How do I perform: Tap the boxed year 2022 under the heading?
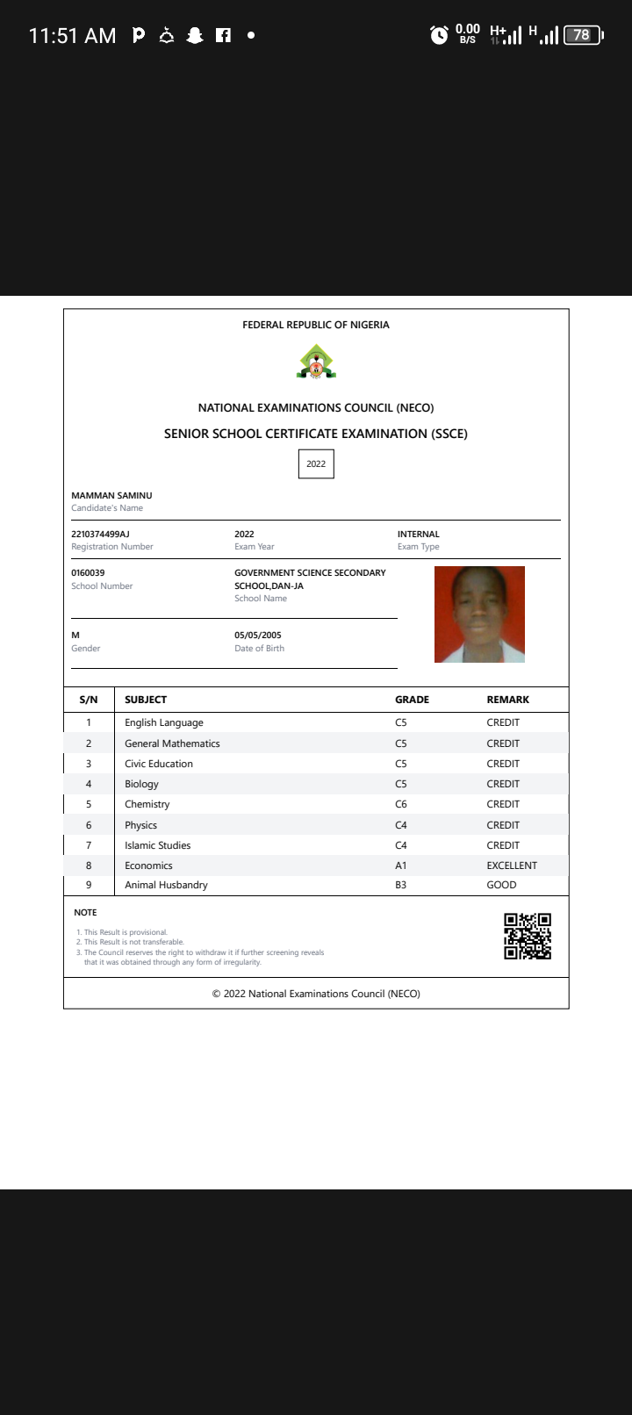[x=316, y=464]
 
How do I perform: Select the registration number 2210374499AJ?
[x=100, y=534]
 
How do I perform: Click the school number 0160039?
[x=88, y=572]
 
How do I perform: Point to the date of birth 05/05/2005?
[x=258, y=635]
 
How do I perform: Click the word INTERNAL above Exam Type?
[x=419, y=534]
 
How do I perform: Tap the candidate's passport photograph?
[x=479, y=614]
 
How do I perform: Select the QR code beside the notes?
[x=528, y=936]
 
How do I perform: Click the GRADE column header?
[x=412, y=700]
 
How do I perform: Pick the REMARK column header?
[x=508, y=700]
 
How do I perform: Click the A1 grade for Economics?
[x=401, y=866]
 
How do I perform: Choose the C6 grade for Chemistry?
[x=401, y=804]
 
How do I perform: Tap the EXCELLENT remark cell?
[x=512, y=866]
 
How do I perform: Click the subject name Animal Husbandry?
[x=166, y=885]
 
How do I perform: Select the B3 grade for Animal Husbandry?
[x=401, y=885]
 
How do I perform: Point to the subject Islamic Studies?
[x=157, y=845]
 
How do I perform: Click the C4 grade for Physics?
[x=401, y=825]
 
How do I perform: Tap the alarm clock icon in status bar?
[x=439, y=35]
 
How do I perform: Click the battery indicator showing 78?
[x=583, y=35]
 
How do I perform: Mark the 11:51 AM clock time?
[x=72, y=36]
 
